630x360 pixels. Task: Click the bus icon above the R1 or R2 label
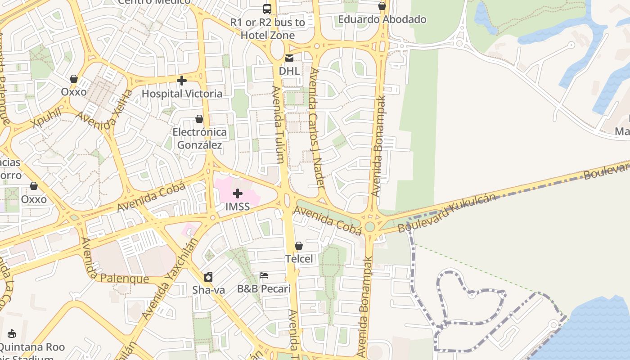[x=267, y=9]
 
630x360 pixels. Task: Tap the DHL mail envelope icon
[x=289, y=58]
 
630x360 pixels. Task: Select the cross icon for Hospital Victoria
[x=182, y=81]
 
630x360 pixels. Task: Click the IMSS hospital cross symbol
[x=238, y=194]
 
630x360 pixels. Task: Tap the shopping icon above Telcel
[x=299, y=246]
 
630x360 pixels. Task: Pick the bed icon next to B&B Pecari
[x=264, y=275]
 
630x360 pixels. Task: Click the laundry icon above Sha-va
[x=208, y=277]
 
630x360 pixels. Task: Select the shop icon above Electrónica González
[x=199, y=119]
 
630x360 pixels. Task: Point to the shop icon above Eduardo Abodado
[x=382, y=6]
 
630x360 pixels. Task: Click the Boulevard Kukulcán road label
[x=447, y=213]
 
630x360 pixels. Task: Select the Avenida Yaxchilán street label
[x=170, y=279]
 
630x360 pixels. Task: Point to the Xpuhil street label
[x=46, y=118]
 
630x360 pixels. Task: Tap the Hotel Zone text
[x=268, y=35]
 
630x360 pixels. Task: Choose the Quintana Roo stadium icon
[x=12, y=334]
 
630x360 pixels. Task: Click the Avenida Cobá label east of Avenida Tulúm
[x=327, y=220]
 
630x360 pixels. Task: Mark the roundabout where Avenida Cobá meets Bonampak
[x=370, y=226]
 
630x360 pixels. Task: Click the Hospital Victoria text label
[x=182, y=94]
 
